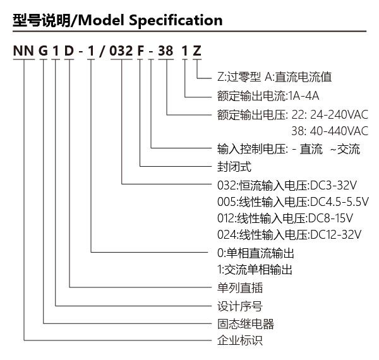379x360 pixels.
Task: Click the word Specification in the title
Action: (176, 21)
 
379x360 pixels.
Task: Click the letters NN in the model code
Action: (23, 51)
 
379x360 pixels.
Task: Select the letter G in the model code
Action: (43, 51)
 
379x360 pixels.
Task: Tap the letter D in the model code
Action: (69, 51)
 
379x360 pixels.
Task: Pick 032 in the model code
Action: (121, 51)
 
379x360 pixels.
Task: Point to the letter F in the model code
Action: (140, 51)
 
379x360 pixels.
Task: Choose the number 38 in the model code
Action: (165, 51)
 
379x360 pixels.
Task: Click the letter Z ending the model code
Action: (197, 51)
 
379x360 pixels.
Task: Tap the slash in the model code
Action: (102, 51)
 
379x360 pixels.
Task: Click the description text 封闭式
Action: (234, 167)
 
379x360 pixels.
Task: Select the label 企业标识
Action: (240, 340)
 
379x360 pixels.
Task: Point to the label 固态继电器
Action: (246, 324)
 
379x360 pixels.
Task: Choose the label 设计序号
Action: (240, 306)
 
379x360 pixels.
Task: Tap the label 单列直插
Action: (240, 287)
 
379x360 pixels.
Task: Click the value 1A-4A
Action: (304, 96)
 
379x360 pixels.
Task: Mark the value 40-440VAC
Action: (339, 131)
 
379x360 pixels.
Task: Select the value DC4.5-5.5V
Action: (339, 201)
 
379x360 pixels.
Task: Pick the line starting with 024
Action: (289, 234)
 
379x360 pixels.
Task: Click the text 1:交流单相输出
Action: (255, 270)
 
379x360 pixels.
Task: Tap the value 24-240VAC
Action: (339, 114)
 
